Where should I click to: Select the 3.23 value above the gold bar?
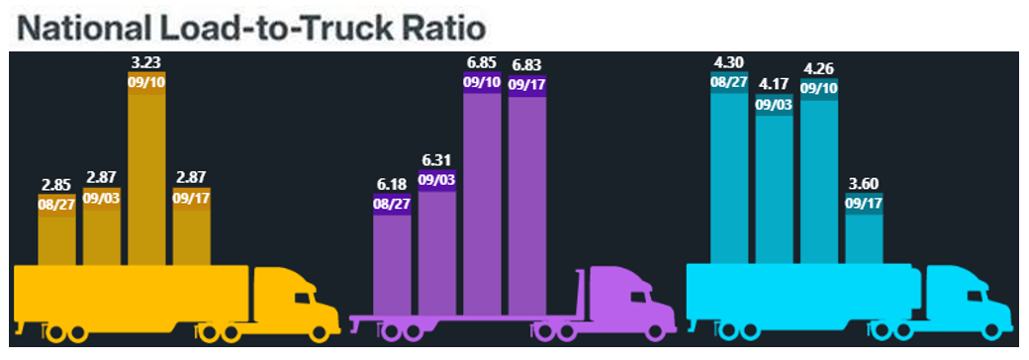[146, 62]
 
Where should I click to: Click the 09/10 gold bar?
[146, 178]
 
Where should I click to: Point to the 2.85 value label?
[56, 184]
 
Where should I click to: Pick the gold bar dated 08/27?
[56, 237]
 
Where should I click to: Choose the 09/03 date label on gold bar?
[101, 198]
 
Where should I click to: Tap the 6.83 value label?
[527, 67]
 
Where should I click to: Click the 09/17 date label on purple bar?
[527, 84]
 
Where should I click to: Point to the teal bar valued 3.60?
[864, 237]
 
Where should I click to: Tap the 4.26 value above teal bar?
[818, 69]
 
